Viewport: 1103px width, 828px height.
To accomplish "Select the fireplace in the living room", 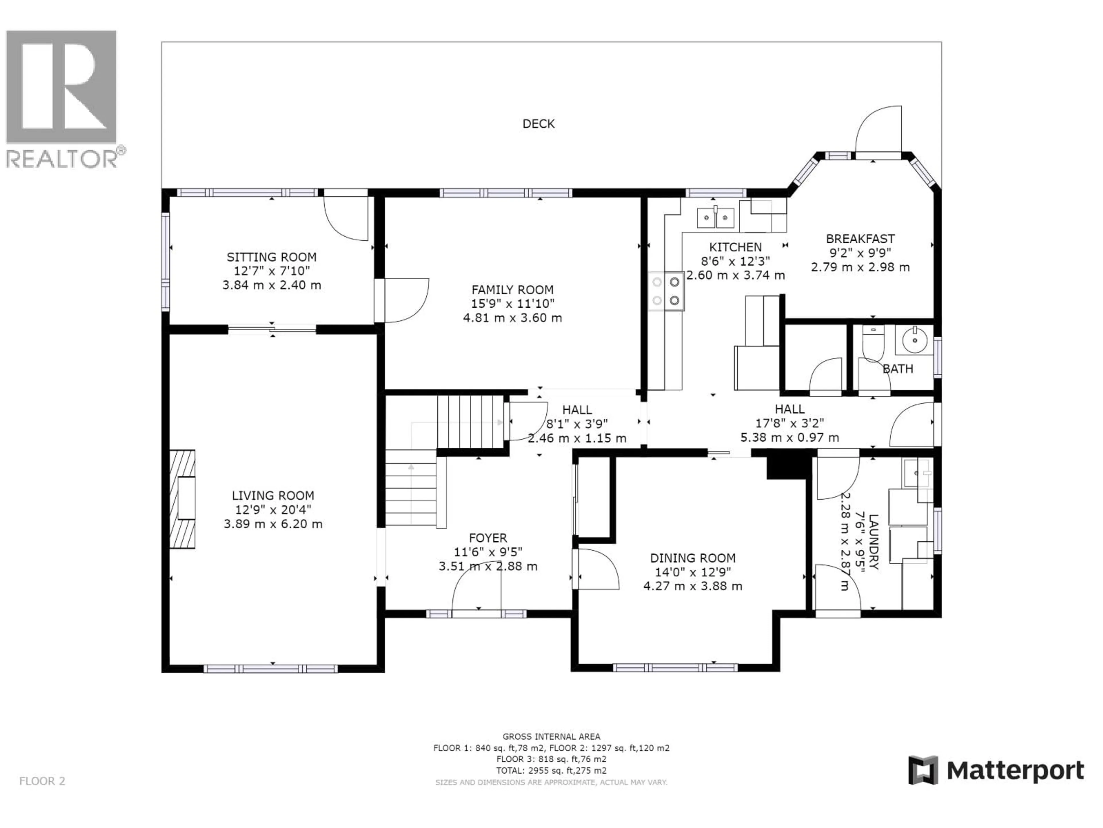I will (x=182, y=499).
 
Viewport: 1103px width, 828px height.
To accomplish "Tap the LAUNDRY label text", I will (x=873, y=542).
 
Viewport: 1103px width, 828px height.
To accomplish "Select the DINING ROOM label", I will (x=692, y=558).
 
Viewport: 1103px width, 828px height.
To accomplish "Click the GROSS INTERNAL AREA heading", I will (x=551, y=737).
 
